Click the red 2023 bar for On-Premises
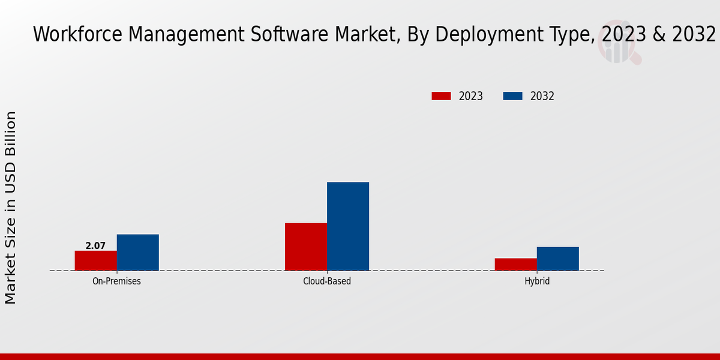pos(96,260)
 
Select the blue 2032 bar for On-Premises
pos(138,252)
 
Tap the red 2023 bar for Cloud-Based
pos(306,247)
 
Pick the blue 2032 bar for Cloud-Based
pos(348,226)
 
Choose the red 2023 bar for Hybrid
pos(516,264)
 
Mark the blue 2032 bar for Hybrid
pos(558,259)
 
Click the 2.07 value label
pos(95,245)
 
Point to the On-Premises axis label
pos(116,281)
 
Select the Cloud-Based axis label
pos(327,281)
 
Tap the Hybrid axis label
pos(537,281)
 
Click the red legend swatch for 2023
pos(441,96)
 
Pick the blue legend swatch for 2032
pos(512,96)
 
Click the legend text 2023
pos(471,96)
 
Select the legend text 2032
pos(542,96)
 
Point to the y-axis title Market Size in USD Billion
pos(11,207)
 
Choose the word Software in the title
pos(285,35)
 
